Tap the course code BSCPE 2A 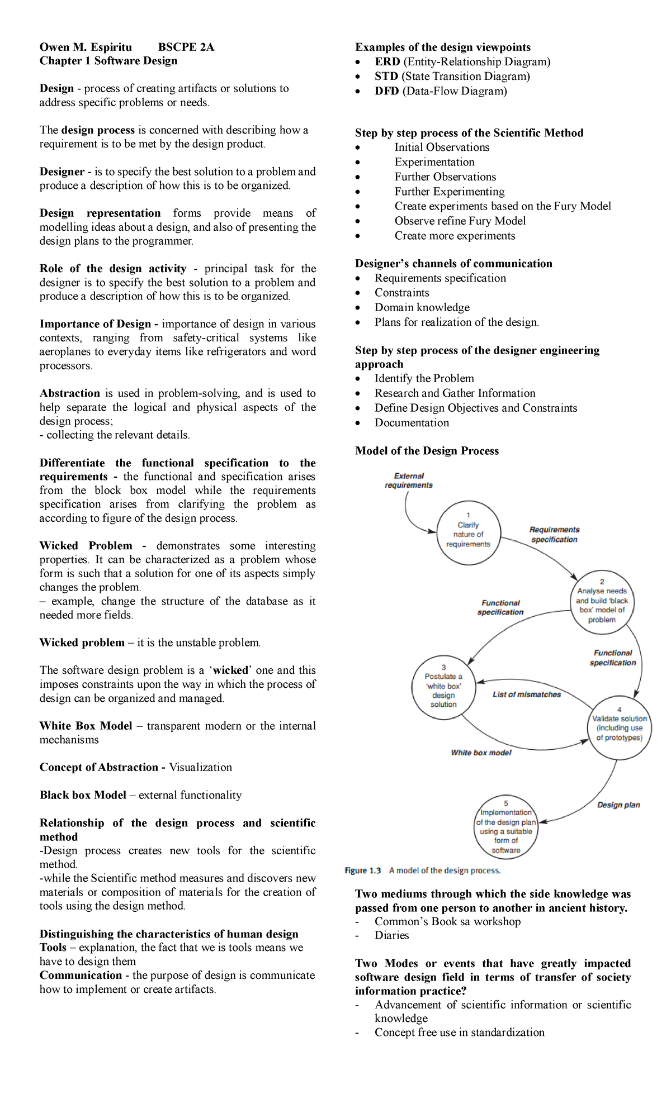(x=186, y=47)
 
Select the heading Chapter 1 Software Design (x=108, y=61)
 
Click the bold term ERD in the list (x=387, y=62)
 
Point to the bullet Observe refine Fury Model (x=460, y=221)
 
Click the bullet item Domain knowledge (x=422, y=307)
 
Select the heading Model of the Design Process (x=427, y=451)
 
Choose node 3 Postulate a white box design (x=443, y=687)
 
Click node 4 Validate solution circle (x=619, y=727)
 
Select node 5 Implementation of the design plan (x=506, y=827)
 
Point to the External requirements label (x=409, y=480)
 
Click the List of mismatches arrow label (x=526, y=694)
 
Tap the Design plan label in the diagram (x=618, y=805)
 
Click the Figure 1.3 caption (x=422, y=870)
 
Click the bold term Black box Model (x=83, y=795)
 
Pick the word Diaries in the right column (x=391, y=935)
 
